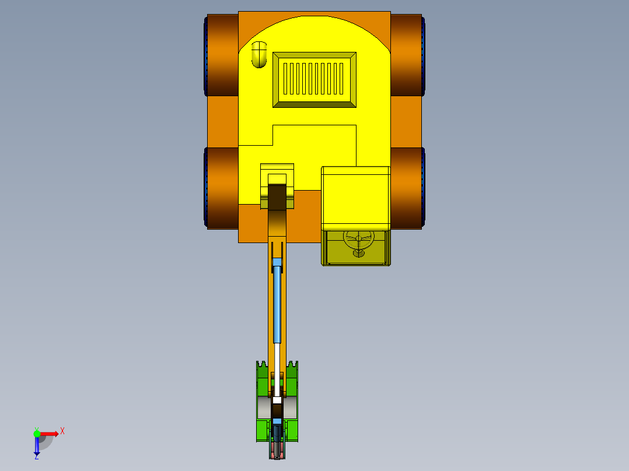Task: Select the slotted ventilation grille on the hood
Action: [x=314, y=79]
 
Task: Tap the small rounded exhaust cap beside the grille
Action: [x=258, y=54]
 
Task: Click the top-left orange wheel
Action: [x=222, y=56]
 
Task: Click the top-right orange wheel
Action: [x=407, y=56]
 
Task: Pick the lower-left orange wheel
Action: [x=222, y=187]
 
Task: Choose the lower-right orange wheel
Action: [x=407, y=187]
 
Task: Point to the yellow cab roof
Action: [x=355, y=198]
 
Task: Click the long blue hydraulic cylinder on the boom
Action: [x=277, y=303]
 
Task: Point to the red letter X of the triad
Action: [x=62, y=431]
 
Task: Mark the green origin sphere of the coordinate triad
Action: [x=37, y=433]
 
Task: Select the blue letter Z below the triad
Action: [x=36, y=456]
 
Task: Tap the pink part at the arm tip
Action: [x=277, y=451]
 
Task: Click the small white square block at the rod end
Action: [x=277, y=400]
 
